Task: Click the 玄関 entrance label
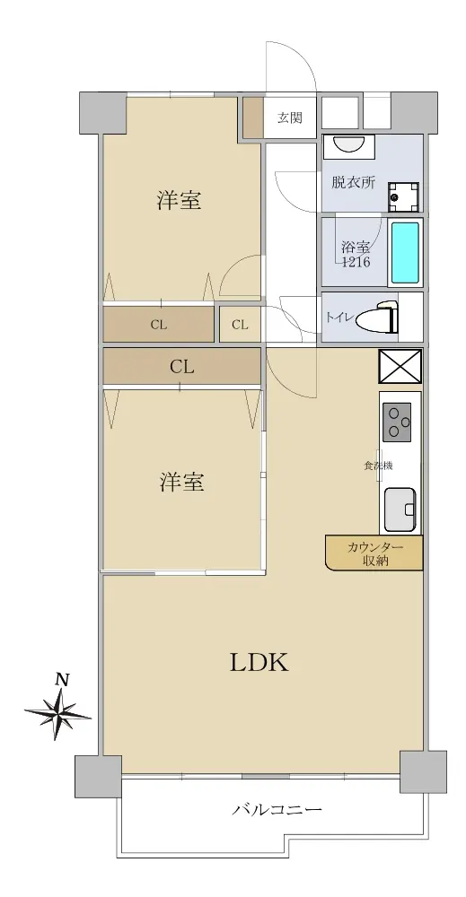[x=290, y=118]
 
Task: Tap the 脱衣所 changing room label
[x=354, y=182]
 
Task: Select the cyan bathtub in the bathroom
[x=405, y=253]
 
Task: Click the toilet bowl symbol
[x=376, y=320]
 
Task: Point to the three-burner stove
[x=397, y=422]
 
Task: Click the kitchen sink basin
[x=400, y=509]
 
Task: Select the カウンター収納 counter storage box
[x=374, y=553]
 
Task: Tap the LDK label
[x=259, y=663]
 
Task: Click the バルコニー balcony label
[x=277, y=810]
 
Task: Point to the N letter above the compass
[x=62, y=680]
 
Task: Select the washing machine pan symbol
[x=403, y=196]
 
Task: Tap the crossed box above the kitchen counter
[x=400, y=366]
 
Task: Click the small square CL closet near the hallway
[x=240, y=325]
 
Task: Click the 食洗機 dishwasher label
[x=378, y=466]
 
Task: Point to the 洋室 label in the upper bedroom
[x=180, y=200]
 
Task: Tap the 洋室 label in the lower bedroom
[x=181, y=482]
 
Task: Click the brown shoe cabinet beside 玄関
[x=253, y=118]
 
